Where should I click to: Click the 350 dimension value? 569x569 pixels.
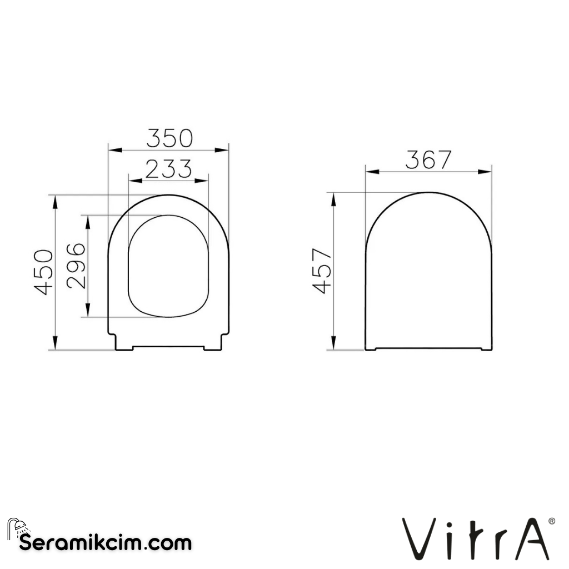[x=169, y=138]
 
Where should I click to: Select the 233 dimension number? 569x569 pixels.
[x=168, y=168]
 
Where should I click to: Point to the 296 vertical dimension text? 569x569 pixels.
[x=76, y=265]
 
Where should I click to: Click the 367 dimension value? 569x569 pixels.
[x=428, y=160]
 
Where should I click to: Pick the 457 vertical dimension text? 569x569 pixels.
[x=322, y=271]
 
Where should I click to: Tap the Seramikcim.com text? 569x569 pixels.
[x=106, y=542]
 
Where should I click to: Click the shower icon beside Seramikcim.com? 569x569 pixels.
[x=16, y=527]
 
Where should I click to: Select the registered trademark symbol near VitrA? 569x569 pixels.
[x=551, y=521]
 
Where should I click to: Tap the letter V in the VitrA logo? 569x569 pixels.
[x=416, y=539]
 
